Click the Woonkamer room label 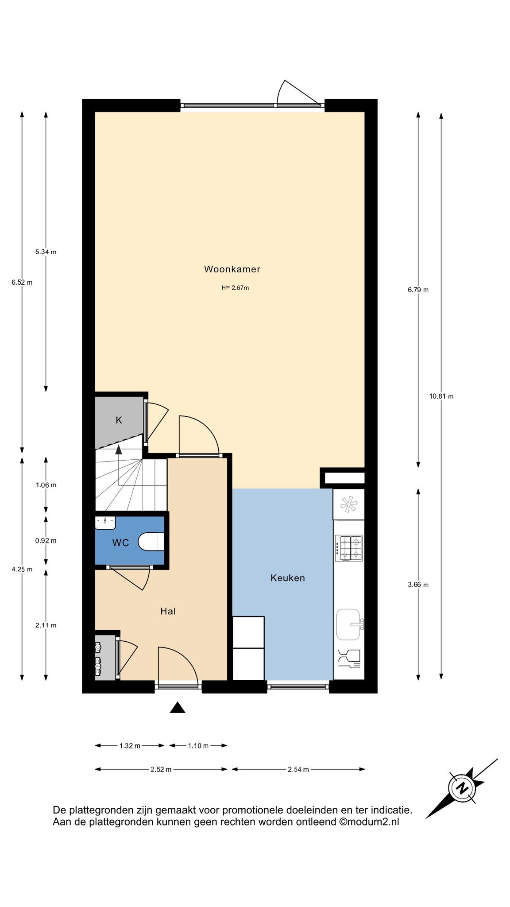(x=232, y=269)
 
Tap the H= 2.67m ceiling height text (x=235, y=288)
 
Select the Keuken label (x=288, y=578)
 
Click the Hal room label (x=168, y=611)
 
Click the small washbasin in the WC (x=105, y=522)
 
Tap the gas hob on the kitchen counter (x=349, y=548)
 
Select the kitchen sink (x=349, y=624)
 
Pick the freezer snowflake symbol (x=348, y=504)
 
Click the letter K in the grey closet (x=119, y=420)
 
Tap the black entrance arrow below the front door (x=178, y=707)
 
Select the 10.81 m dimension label (x=441, y=396)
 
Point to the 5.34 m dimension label (x=46, y=252)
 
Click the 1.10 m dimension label (x=198, y=746)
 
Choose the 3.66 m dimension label (x=418, y=585)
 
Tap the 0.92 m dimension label (x=46, y=541)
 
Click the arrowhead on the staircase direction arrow (x=118, y=450)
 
